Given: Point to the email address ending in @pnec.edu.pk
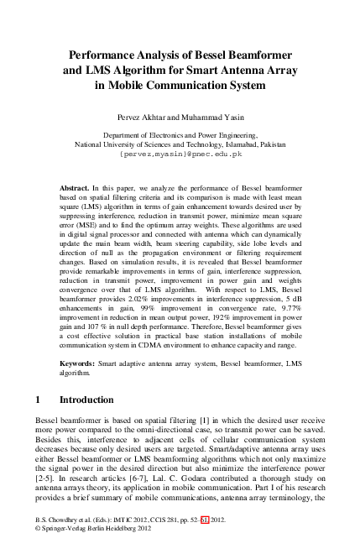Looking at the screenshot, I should click(x=180, y=154).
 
